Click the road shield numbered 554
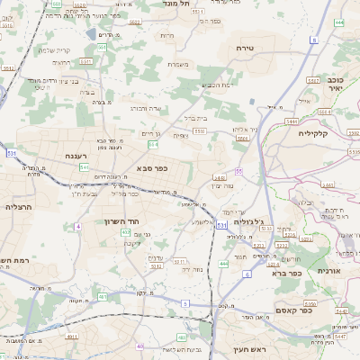pyautogui.click(x=154, y=144)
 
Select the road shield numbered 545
pyautogui.click(x=84, y=166)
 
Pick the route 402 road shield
pyautogui.click(x=125, y=232)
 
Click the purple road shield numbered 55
pyautogui.click(x=238, y=171)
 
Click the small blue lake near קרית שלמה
pyautogui.click(x=94, y=34)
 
